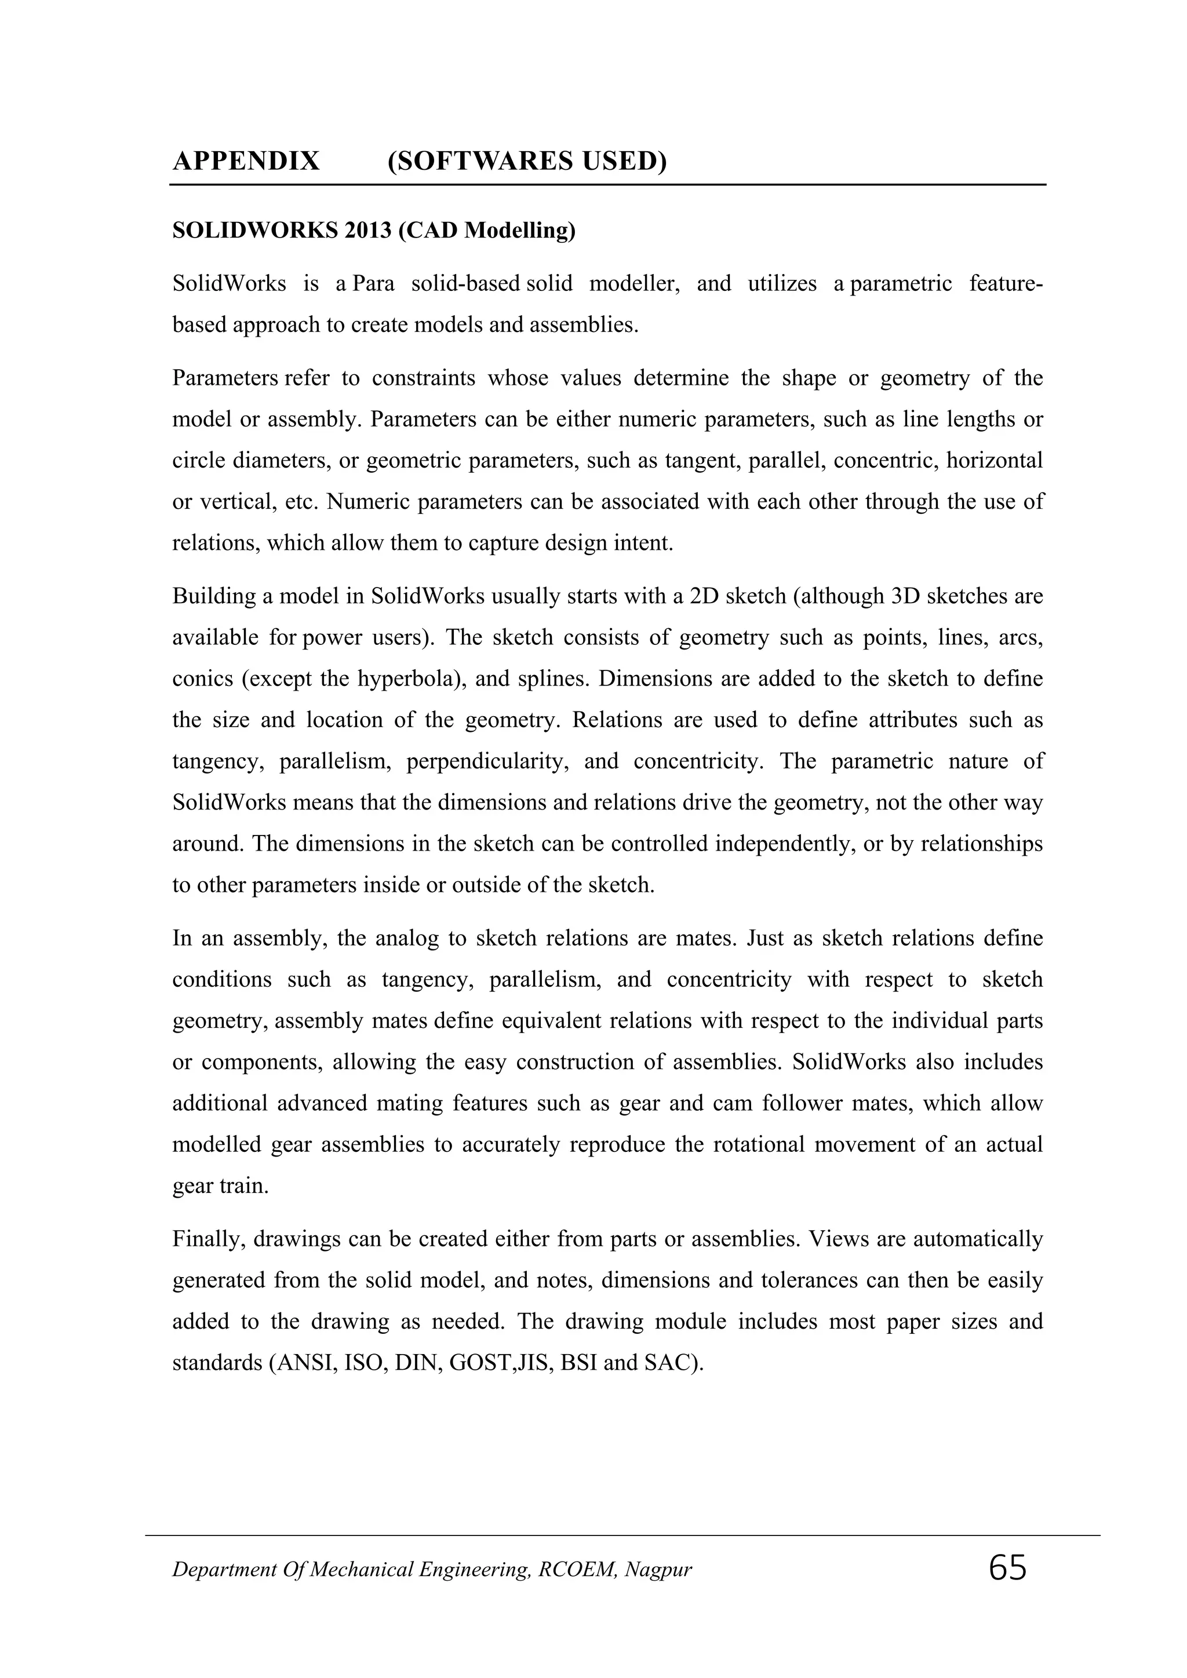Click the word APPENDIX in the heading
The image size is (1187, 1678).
pyautogui.click(x=246, y=160)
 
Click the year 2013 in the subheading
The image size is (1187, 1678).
pyautogui.click(x=370, y=231)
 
